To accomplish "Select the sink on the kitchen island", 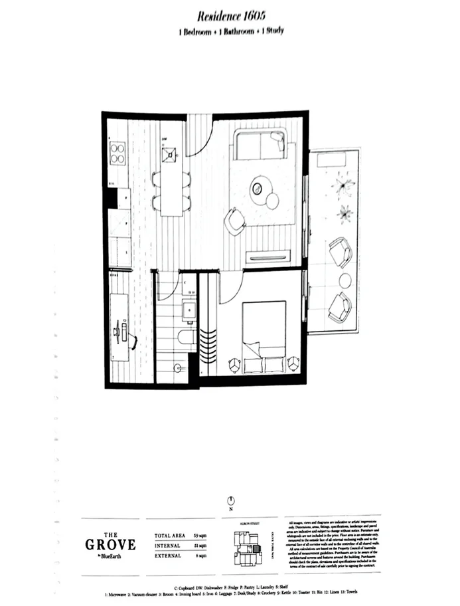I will click(x=171, y=155).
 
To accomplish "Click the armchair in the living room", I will click(x=234, y=221).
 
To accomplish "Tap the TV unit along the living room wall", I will click(x=268, y=257).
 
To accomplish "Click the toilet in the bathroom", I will click(x=185, y=338).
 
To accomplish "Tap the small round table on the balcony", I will click(x=345, y=280).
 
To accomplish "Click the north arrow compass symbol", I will click(x=230, y=500).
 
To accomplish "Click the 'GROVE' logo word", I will click(x=110, y=545).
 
